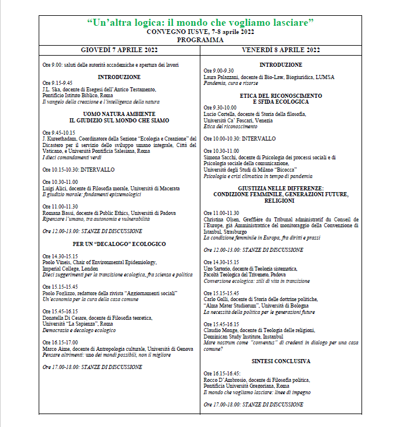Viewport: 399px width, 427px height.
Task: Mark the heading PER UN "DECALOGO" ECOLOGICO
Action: click(119, 244)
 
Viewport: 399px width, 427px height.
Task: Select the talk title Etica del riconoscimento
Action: click(230, 127)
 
